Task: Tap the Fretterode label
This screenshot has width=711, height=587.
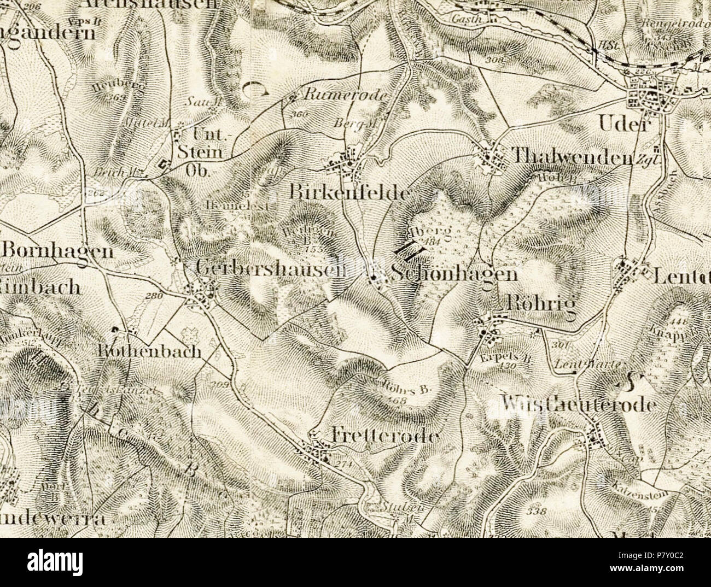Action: (x=386, y=436)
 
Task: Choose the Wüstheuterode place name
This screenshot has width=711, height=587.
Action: (x=578, y=404)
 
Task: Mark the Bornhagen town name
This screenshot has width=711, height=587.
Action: (x=57, y=251)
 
